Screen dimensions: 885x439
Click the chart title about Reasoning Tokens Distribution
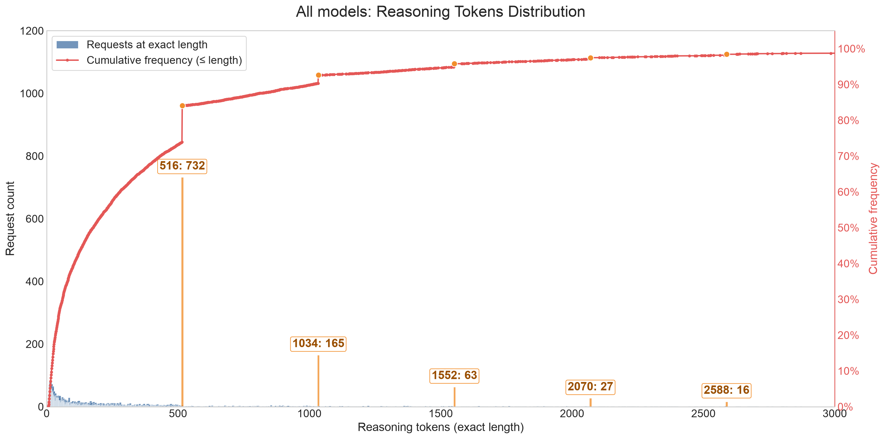440,12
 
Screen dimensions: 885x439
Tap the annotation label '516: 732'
182,166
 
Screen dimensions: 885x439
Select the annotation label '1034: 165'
318,343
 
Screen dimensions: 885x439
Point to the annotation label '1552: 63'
454,375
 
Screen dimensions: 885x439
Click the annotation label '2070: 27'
590,387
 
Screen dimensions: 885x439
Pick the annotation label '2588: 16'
726,390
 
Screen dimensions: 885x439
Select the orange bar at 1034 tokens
318,381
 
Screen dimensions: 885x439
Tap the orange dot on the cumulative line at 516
183,106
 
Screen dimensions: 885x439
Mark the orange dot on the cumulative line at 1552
454,64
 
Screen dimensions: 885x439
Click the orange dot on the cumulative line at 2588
727,54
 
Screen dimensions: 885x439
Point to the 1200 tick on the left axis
32,31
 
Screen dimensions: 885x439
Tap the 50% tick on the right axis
848,228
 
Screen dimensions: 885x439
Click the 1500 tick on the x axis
440,414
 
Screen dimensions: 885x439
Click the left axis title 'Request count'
10,218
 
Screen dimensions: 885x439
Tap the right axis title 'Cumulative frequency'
873,218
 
